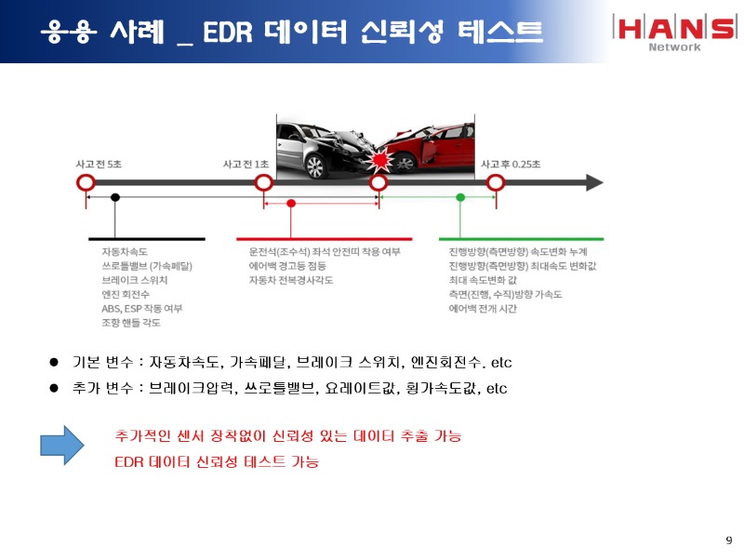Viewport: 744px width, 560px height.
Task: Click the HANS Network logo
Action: (x=673, y=31)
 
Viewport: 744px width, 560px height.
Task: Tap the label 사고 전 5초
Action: (x=100, y=164)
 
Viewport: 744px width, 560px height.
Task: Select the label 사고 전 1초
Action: (x=246, y=164)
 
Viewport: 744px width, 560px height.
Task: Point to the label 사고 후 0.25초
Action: (x=511, y=164)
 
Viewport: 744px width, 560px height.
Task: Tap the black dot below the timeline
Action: (x=115, y=197)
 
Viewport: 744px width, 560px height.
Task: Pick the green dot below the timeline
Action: (x=460, y=197)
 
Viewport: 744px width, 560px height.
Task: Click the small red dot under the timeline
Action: (x=291, y=202)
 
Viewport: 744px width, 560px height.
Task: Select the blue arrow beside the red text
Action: (x=62, y=446)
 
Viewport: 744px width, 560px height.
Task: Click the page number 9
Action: (x=728, y=540)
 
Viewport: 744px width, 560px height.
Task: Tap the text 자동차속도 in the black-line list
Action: (x=125, y=251)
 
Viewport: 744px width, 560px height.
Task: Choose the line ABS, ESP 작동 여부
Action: (x=142, y=308)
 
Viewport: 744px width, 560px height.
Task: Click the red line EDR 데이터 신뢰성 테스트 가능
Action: (x=216, y=461)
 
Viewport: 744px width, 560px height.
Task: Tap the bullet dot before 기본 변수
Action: (x=54, y=361)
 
